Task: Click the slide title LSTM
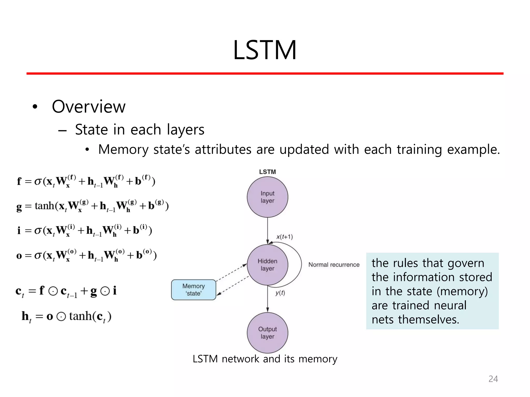click(264, 50)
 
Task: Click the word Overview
click(89, 106)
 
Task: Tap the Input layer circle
click(267, 197)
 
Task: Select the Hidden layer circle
click(267, 265)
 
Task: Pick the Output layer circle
click(267, 333)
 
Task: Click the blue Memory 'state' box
click(194, 289)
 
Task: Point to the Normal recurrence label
click(334, 265)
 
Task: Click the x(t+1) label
click(284, 237)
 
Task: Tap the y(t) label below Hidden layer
click(280, 293)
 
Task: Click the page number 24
click(493, 379)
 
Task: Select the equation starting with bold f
click(86, 181)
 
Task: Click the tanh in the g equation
click(45, 206)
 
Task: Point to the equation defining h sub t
click(67, 316)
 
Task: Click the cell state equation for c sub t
click(66, 291)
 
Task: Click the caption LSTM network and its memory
click(265, 359)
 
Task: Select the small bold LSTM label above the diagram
click(267, 172)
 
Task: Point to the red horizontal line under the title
click(265, 74)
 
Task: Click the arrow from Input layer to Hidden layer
click(267, 230)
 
